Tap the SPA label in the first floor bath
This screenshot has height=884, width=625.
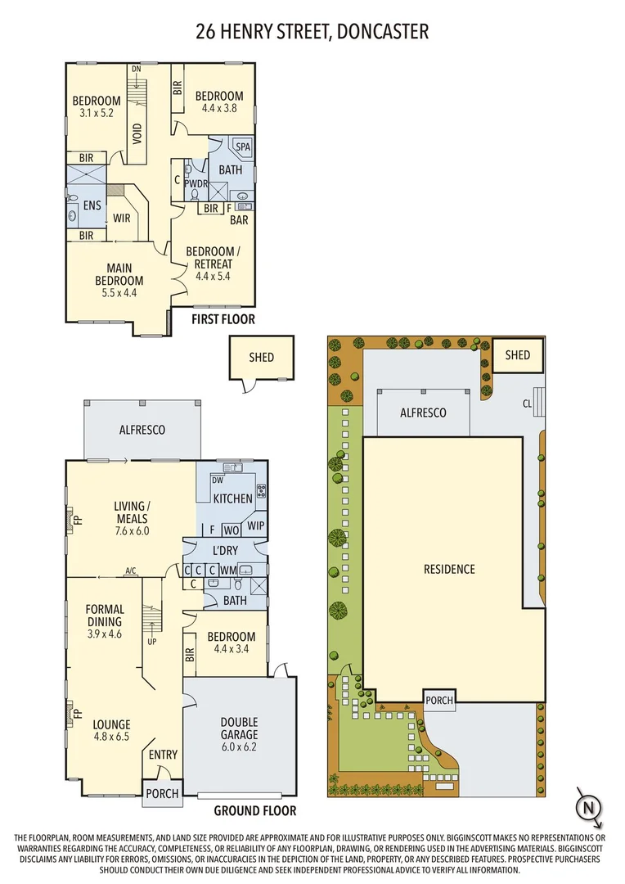point(243,147)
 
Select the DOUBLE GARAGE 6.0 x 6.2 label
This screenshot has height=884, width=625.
point(239,728)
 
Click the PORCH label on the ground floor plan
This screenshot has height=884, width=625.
point(161,794)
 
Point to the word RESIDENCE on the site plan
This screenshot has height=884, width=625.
point(449,569)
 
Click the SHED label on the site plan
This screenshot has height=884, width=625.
point(518,355)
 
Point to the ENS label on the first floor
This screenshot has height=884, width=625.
point(92,205)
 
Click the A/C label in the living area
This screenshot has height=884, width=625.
point(130,571)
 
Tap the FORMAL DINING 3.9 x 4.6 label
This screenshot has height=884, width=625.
point(105,616)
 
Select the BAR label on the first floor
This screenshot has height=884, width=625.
point(239,220)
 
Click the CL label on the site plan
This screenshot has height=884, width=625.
point(527,404)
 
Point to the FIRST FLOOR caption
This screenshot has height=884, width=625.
point(223,319)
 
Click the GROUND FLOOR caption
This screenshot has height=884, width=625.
point(254,811)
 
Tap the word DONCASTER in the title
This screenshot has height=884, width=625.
point(380,32)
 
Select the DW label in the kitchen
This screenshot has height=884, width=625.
point(218,480)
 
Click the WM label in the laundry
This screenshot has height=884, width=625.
point(229,570)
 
